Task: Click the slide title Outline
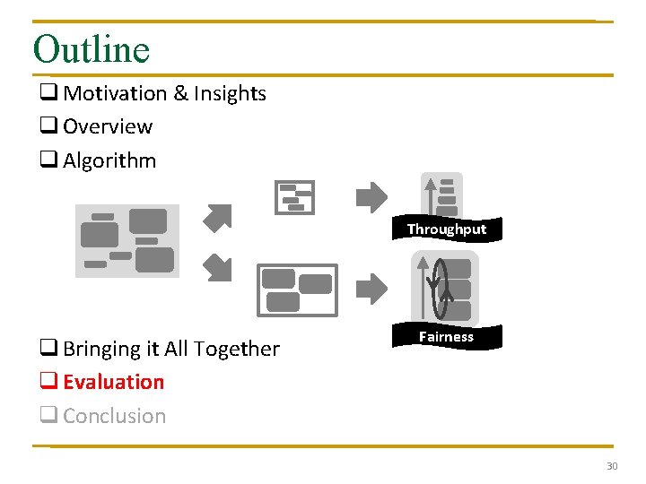pyautogui.click(x=91, y=48)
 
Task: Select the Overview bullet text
pyautogui.click(x=108, y=126)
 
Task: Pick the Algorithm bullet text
pyautogui.click(x=109, y=160)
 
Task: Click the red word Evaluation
pyautogui.click(x=114, y=382)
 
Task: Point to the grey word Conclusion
pyautogui.click(x=114, y=416)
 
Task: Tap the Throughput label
pyautogui.click(x=446, y=229)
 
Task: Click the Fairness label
pyautogui.click(x=446, y=337)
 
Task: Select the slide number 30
pyautogui.click(x=612, y=466)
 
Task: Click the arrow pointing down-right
pyautogui.click(x=217, y=267)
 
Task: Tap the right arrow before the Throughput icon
pyautogui.click(x=371, y=197)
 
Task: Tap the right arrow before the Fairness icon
pyautogui.click(x=371, y=289)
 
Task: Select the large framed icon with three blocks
pyautogui.click(x=297, y=290)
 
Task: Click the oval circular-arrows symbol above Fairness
pyautogui.click(x=439, y=289)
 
